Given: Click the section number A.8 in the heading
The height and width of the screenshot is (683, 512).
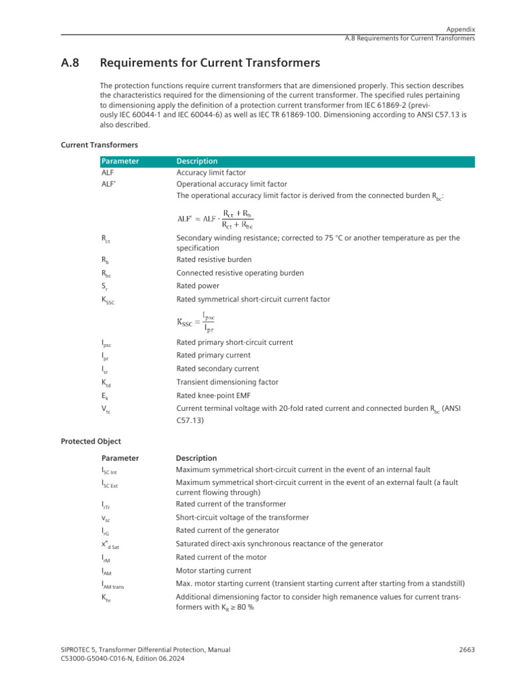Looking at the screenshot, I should [x=71, y=63].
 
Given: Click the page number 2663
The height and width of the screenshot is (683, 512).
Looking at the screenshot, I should [x=467, y=650].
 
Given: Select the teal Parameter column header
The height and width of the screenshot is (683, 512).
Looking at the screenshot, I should [x=120, y=161].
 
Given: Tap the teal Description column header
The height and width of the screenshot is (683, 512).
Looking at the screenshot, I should [x=197, y=161].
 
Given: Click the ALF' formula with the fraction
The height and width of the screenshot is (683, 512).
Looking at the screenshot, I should [x=215, y=218].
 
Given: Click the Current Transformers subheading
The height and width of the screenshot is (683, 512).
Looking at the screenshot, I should [x=99, y=144].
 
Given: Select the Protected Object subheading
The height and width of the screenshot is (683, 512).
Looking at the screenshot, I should [x=91, y=441].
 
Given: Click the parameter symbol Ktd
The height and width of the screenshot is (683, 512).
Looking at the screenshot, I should [x=106, y=383].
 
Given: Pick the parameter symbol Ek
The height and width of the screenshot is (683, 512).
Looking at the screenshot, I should [x=105, y=396].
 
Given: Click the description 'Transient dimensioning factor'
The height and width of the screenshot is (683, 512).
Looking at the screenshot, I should [x=227, y=382].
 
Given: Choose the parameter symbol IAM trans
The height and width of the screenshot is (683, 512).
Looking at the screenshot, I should [x=113, y=585].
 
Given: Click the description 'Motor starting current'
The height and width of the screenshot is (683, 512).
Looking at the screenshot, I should [x=213, y=571].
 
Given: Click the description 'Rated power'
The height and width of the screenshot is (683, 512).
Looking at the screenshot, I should [x=197, y=286].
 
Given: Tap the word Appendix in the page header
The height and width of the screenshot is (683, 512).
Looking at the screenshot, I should [x=461, y=29].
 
